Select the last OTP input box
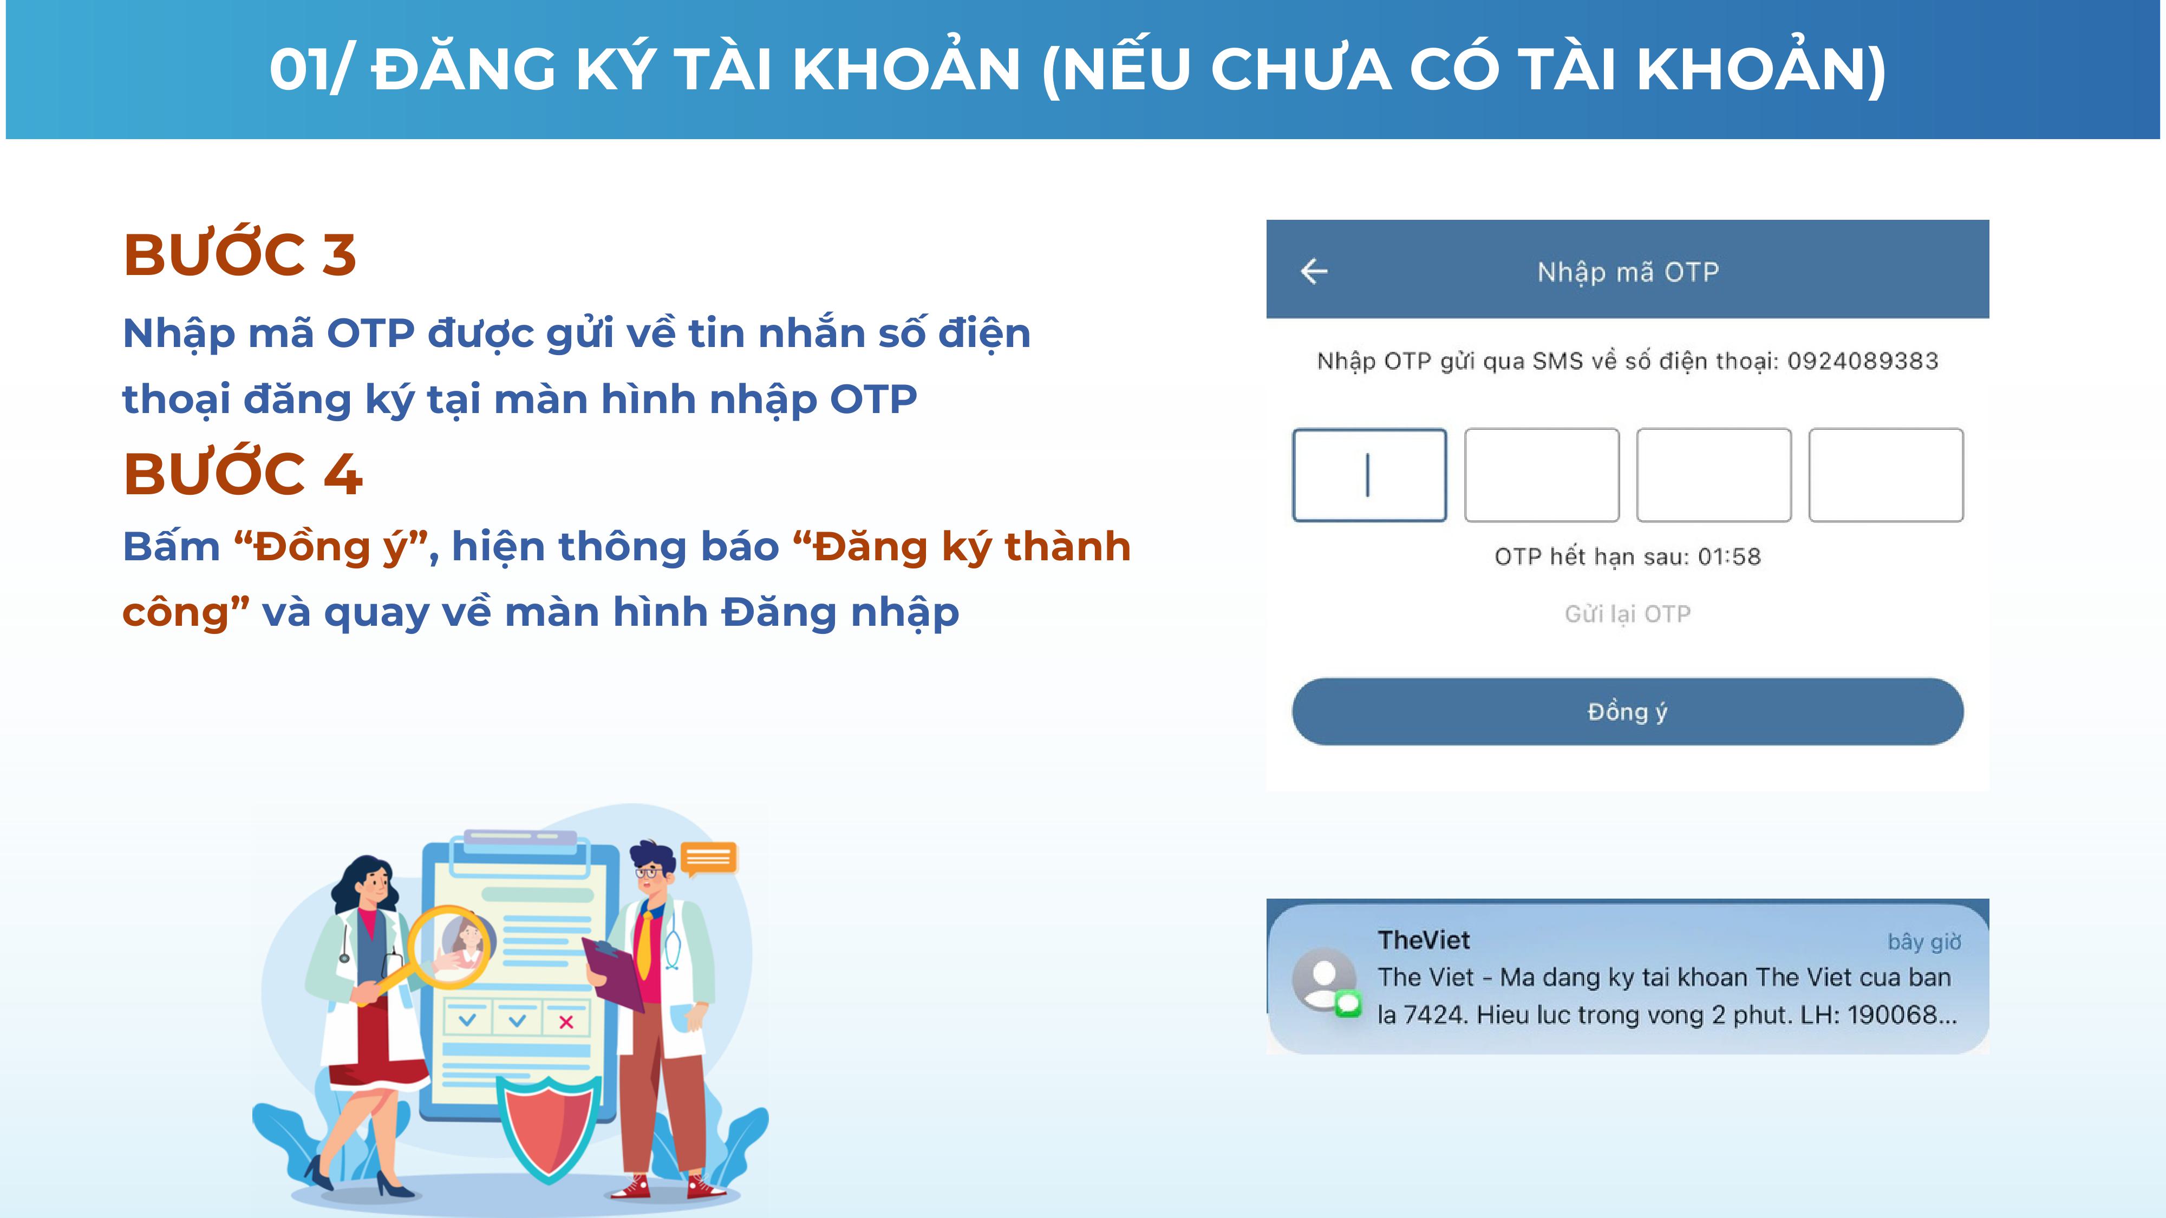click(x=1886, y=475)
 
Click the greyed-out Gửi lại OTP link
click(x=1627, y=614)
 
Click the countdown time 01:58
click(x=1729, y=556)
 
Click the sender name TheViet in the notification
click(x=1424, y=940)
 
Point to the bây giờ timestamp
click(x=1924, y=941)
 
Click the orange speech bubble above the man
click(x=708, y=858)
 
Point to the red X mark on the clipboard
click(x=566, y=1022)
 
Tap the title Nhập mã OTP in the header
click(x=1628, y=272)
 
